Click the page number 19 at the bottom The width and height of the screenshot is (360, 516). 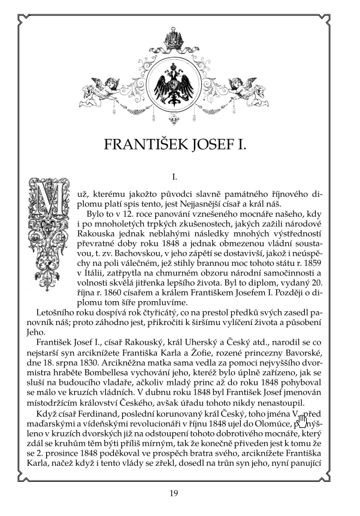click(x=174, y=493)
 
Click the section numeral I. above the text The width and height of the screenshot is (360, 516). click(x=174, y=177)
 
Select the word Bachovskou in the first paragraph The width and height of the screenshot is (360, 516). click(x=119, y=245)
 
